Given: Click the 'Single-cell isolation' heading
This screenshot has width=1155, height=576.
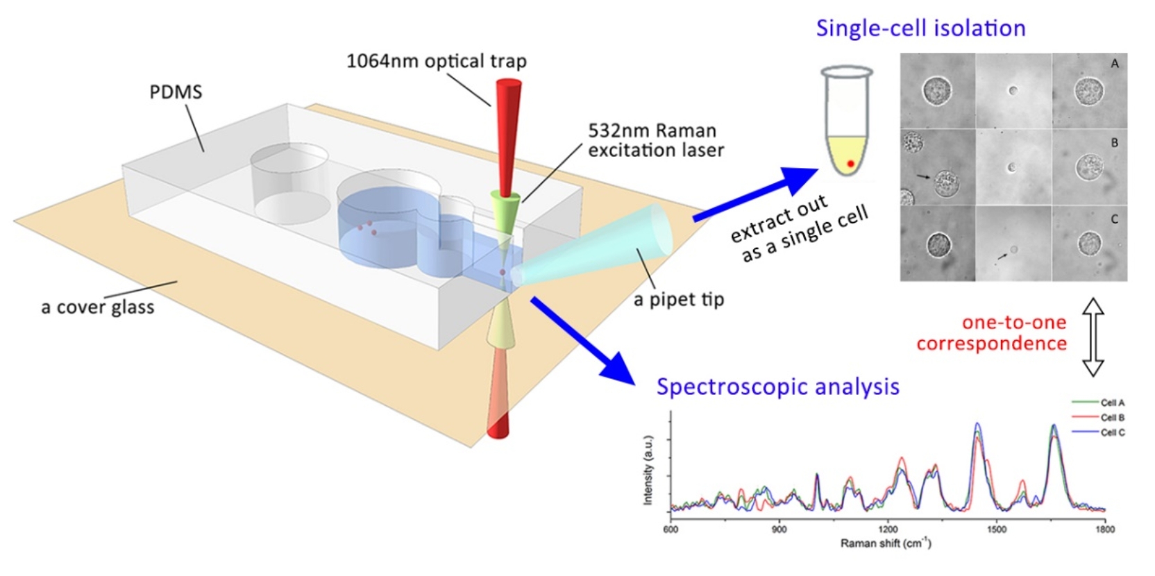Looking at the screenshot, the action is pyautogui.click(x=921, y=28).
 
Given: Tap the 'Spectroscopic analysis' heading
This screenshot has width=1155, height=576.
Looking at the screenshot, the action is pyautogui.click(x=778, y=387).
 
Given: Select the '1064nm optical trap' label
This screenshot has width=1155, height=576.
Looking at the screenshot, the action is pyautogui.click(x=436, y=61).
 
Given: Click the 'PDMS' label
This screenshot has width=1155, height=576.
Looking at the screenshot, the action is pyautogui.click(x=176, y=92).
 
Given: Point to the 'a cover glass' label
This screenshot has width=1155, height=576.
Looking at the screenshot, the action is pyautogui.click(x=97, y=307).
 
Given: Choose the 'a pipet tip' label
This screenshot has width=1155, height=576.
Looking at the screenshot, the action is pyautogui.click(x=679, y=300).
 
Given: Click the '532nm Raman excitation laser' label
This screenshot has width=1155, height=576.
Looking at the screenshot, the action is pyautogui.click(x=656, y=140).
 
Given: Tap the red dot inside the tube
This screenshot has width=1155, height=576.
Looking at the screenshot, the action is pyautogui.click(x=851, y=164).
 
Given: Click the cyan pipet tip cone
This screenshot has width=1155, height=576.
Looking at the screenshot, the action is pyautogui.click(x=593, y=245).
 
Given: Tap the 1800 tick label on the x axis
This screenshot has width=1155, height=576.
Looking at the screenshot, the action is pyautogui.click(x=1105, y=529).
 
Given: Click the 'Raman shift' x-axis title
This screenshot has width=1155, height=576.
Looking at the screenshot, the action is pyautogui.click(x=886, y=543).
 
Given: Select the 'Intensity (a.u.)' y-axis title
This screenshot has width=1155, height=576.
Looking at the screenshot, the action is pyautogui.click(x=648, y=471).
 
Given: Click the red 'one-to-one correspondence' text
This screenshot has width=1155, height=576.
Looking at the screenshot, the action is pyautogui.click(x=992, y=333).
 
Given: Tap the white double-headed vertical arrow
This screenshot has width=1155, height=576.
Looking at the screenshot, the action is pyautogui.click(x=1093, y=337).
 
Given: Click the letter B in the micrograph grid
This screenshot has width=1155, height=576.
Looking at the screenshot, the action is pyautogui.click(x=1114, y=143).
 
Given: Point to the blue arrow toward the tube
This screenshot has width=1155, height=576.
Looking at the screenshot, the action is pyautogui.click(x=755, y=194).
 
